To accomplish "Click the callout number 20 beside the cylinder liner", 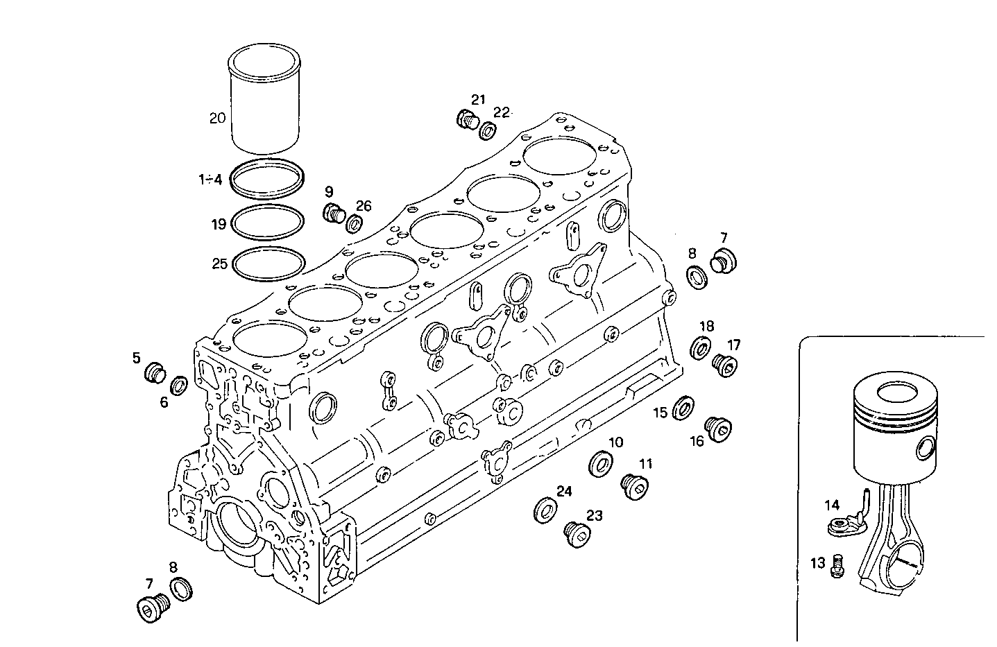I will click(x=217, y=119).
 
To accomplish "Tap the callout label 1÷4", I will click(x=210, y=180).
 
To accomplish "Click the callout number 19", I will click(x=219, y=224).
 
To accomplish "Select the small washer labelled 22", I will click(x=488, y=130).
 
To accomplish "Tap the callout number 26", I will click(x=364, y=205).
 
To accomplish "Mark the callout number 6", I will click(x=164, y=402).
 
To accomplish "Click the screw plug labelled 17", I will click(x=725, y=364).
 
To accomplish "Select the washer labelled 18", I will click(x=701, y=347).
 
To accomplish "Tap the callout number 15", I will click(x=660, y=413).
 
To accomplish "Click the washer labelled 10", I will click(x=601, y=464).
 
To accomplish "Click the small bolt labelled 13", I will click(x=837, y=564).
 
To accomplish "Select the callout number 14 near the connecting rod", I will click(x=832, y=505).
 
